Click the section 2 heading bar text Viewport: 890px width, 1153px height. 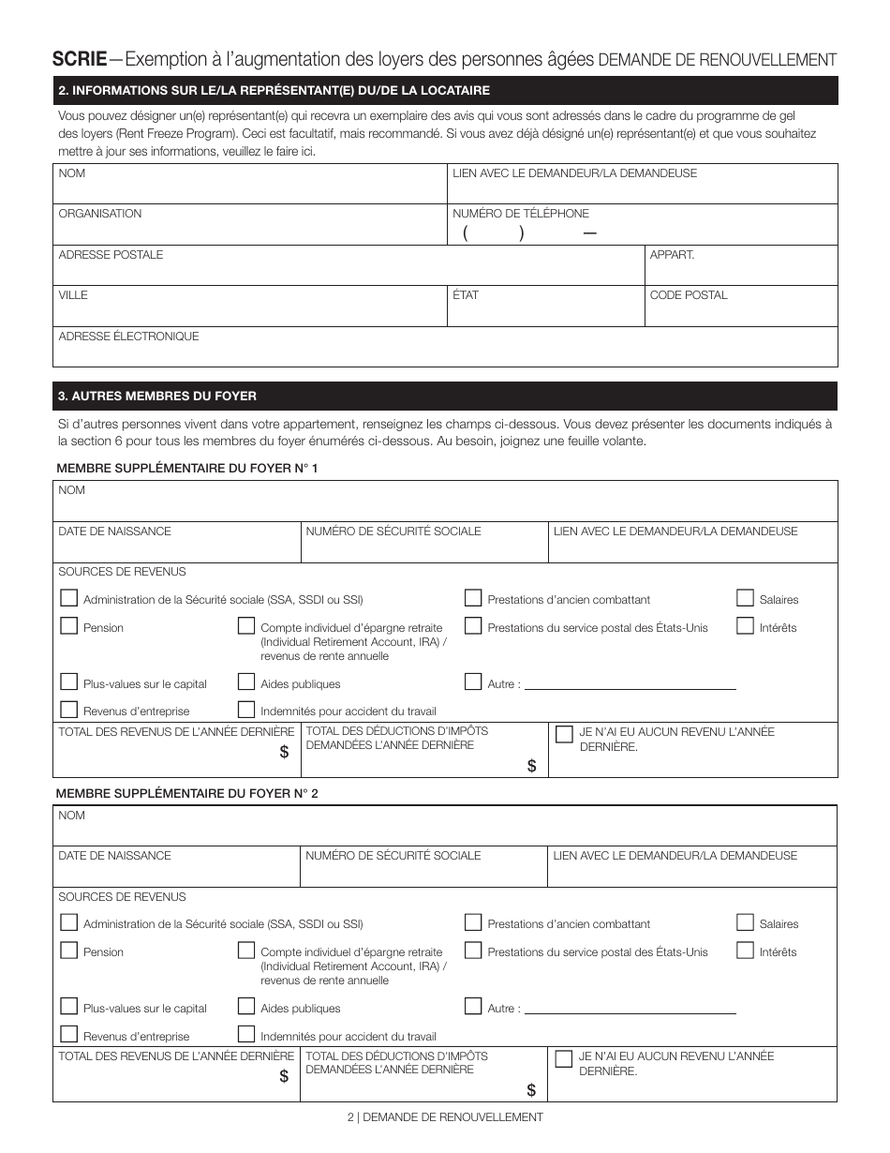pyautogui.click(x=274, y=91)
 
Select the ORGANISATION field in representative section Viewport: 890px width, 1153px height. pyautogui.click(x=250, y=225)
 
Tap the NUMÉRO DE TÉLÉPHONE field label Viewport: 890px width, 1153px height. pyautogui.click(x=521, y=214)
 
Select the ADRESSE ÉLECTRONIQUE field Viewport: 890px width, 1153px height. pyautogui.click(x=445, y=348)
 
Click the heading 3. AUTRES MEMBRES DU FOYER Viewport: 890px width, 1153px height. pyautogui.click(x=157, y=397)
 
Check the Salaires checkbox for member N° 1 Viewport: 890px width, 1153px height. pyautogui.click(x=745, y=598)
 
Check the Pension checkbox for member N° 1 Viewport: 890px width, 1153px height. pyautogui.click(x=68, y=626)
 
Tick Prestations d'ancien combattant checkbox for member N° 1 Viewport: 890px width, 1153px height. pyautogui.click(x=473, y=598)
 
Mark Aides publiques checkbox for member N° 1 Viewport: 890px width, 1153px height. pyautogui.click(x=246, y=682)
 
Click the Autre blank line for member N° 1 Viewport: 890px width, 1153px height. pyautogui.click(x=630, y=684)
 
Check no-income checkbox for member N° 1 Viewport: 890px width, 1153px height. pyautogui.click(x=564, y=735)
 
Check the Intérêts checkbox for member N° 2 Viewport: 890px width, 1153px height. pyautogui.click(x=745, y=951)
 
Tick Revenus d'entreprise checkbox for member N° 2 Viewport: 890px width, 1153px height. pyautogui.click(x=68, y=1035)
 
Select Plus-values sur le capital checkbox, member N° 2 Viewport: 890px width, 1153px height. pyautogui.click(x=68, y=1007)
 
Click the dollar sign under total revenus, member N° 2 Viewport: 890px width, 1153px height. pyautogui.click(x=284, y=1077)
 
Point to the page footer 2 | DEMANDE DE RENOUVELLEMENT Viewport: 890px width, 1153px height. pyautogui.click(x=445, y=1117)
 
